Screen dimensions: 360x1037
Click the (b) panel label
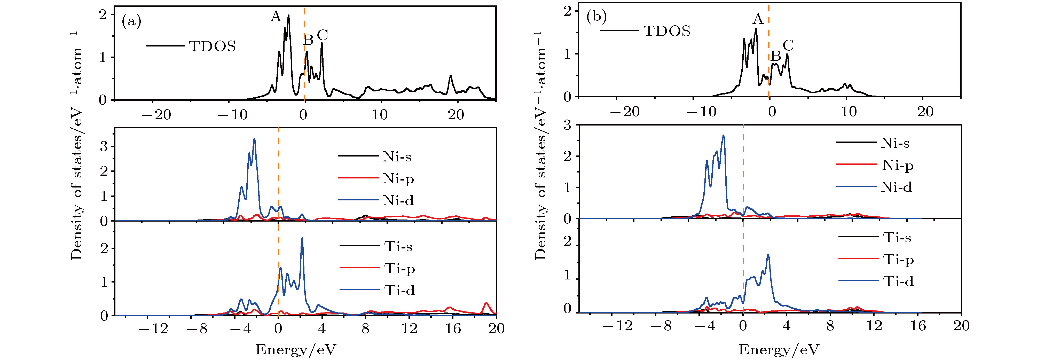pyautogui.click(x=596, y=17)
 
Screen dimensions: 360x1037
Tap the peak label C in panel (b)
pyautogui.click(x=788, y=45)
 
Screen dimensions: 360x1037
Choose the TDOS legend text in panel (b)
pyautogui.click(x=667, y=31)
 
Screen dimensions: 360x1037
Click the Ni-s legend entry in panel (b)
pyautogui.click(x=894, y=143)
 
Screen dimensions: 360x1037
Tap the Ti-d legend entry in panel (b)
pyautogui.click(x=898, y=281)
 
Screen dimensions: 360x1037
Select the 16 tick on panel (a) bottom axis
pyautogui.click(x=453, y=328)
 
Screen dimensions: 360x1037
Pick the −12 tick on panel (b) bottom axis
pyautogui.click(x=618, y=325)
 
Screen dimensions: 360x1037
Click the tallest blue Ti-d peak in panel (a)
pyautogui.click(x=302, y=238)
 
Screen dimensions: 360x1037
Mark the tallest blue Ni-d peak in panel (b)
pyautogui.click(x=724, y=135)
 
